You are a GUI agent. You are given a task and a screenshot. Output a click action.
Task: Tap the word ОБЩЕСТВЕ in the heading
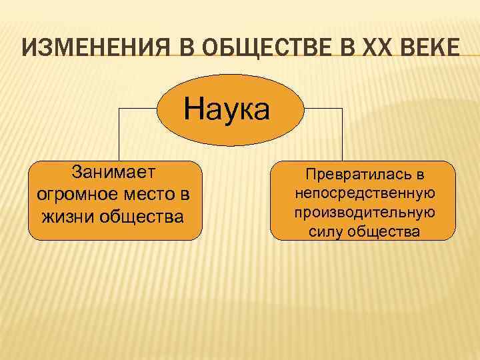click(259, 48)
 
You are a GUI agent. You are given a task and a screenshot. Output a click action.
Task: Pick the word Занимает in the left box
click(114, 173)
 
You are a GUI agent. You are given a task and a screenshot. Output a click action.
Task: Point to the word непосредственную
click(364, 193)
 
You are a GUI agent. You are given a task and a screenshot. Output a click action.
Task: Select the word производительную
click(364, 212)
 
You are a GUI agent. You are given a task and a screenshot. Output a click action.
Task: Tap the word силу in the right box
click(325, 231)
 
